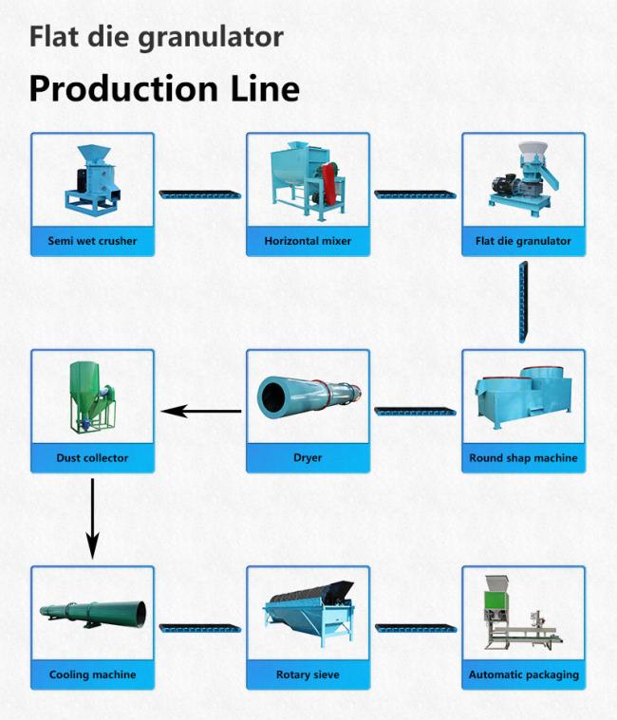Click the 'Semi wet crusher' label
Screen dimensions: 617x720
coord(92,241)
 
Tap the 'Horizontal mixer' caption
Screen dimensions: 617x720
coord(308,241)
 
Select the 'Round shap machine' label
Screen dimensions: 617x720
coord(523,458)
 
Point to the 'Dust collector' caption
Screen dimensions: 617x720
coord(92,458)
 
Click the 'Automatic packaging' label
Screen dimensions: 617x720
coord(524,674)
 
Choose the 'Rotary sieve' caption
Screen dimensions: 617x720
coord(308,674)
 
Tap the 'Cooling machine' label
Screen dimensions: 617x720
coord(92,674)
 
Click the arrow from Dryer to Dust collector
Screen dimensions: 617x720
coord(201,411)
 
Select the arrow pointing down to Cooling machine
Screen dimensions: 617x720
coord(92,519)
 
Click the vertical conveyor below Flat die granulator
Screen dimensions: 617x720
coord(523,302)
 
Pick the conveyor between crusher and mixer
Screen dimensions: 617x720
coord(200,194)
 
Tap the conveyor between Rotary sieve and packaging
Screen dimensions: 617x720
coord(416,628)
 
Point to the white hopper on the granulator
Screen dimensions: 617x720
coord(533,150)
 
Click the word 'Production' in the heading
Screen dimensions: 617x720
coord(123,88)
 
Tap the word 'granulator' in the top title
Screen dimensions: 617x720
coord(211,38)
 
